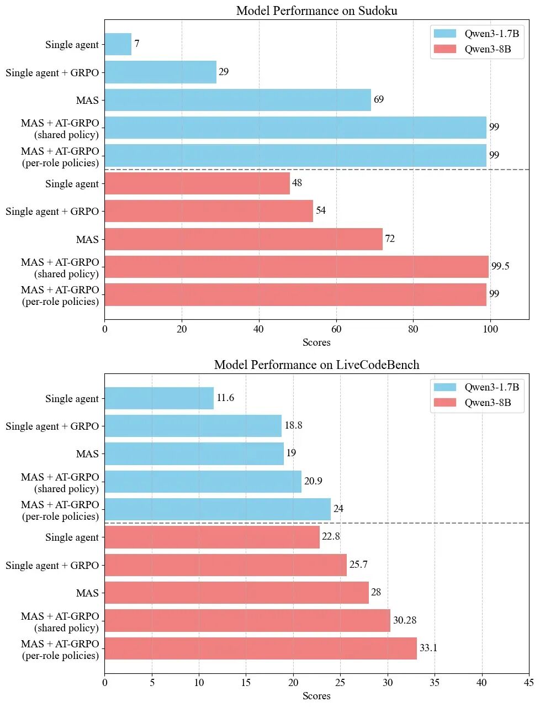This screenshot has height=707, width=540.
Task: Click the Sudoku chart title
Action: coord(316,11)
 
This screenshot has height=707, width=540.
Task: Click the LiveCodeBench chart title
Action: coord(316,365)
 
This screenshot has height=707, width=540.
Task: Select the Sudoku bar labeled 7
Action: coord(118,44)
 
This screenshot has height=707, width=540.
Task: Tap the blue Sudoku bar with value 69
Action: coord(237,100)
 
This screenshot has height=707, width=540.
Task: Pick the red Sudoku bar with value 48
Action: coord(197,183)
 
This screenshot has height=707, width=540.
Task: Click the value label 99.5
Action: coord(500,266)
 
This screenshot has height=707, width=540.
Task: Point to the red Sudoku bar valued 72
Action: coord(243,239)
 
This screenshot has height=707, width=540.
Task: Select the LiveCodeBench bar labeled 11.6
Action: coord(159,398)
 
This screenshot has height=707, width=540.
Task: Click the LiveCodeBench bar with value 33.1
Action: coord(260,648)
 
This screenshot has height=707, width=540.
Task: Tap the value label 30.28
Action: coord(405,620)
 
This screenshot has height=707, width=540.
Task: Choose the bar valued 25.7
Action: coord(225,565)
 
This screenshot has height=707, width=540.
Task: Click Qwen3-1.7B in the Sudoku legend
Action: coord(491,34)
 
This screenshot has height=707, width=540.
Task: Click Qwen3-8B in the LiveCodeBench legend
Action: coord(488,403)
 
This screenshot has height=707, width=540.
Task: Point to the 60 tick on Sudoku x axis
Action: coord(336,329)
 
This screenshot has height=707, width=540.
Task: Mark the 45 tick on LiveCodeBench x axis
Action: coord(528,683)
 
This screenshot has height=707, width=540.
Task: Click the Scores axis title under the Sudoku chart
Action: coord(316,342)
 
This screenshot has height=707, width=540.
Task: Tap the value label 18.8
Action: coord(293,425)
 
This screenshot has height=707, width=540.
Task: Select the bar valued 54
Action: coord(208,211)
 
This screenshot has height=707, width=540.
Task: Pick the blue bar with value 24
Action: coord(218,509)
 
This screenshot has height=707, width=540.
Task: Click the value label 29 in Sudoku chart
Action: coord(224,72)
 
